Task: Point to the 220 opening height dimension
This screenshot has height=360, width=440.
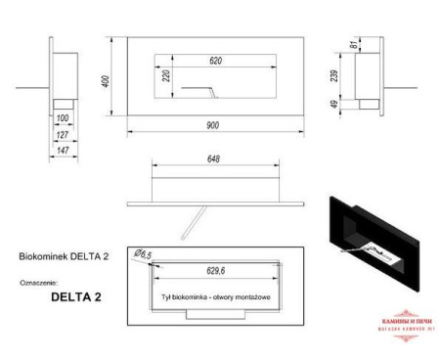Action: pos(166,77)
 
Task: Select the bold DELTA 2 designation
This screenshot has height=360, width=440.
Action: pos(75,293)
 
